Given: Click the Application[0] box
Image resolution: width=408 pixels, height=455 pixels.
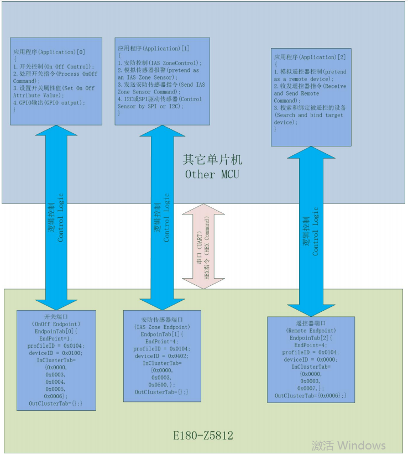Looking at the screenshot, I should tap(56, 81).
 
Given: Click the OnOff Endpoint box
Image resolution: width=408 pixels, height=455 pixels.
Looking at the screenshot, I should tap(56, 360).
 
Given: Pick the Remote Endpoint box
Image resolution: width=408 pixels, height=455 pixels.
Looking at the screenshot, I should tap(311, 359).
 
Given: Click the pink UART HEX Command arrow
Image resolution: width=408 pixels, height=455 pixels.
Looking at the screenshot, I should tap(204, 246).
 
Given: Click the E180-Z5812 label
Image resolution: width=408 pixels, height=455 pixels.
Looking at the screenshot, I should tap(203, 436).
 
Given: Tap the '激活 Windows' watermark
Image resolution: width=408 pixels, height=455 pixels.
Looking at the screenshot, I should tap(348, 445).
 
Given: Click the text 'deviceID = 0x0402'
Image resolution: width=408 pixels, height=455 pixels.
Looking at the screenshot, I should tap(161, 356).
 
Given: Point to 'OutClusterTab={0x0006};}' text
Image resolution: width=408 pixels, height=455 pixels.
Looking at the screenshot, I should tap(311, 395).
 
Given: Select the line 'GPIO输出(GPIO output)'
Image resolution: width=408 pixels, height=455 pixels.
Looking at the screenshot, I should tap(50, 103).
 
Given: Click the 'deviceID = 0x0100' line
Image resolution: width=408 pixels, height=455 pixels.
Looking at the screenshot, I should tap(56, 353).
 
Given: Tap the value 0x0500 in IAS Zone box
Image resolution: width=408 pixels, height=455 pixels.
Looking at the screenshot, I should tap(160, 385).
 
